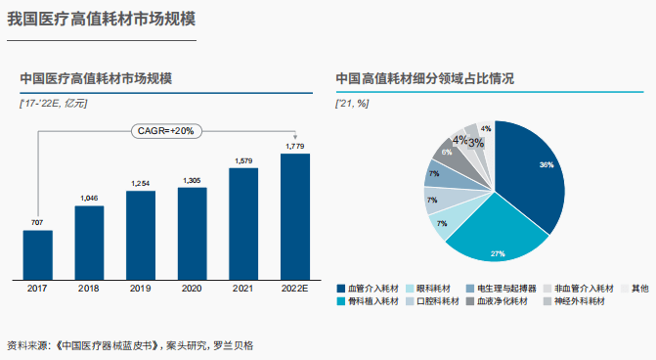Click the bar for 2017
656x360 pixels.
point(37,254)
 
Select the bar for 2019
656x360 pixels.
point(141,235)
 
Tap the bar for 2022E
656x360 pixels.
point(294,216)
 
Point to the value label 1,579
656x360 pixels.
point(243,160)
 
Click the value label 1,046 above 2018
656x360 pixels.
point(89,199)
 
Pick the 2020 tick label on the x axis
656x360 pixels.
point(192,289)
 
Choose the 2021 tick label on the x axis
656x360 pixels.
point(243,289)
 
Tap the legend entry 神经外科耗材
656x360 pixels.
point(576,301)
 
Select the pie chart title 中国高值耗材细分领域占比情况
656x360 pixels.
point(424,78)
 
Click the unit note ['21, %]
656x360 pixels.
point(352,102)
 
